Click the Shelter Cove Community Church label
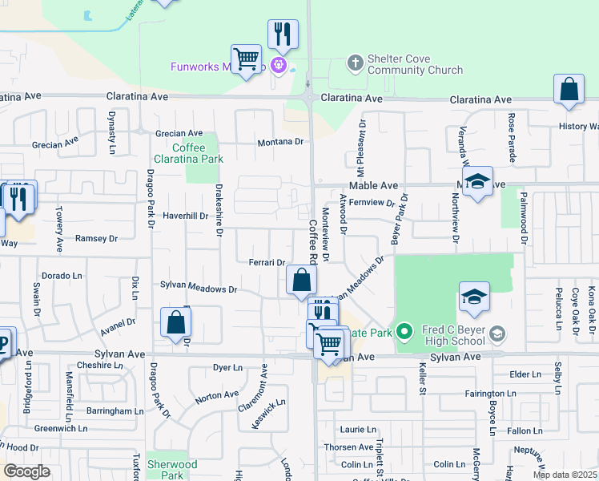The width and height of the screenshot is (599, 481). pos(415,64)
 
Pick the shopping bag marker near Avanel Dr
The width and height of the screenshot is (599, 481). pos(176,323)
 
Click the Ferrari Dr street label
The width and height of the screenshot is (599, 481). pos(267,262)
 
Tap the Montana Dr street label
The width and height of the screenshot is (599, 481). pos(281,142)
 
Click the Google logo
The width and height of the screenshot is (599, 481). pos(26,471)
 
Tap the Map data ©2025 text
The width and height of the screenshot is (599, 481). pos(565,475)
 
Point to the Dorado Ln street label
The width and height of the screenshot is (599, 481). pos(62,275)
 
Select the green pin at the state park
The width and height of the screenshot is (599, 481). pos(405,331)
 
